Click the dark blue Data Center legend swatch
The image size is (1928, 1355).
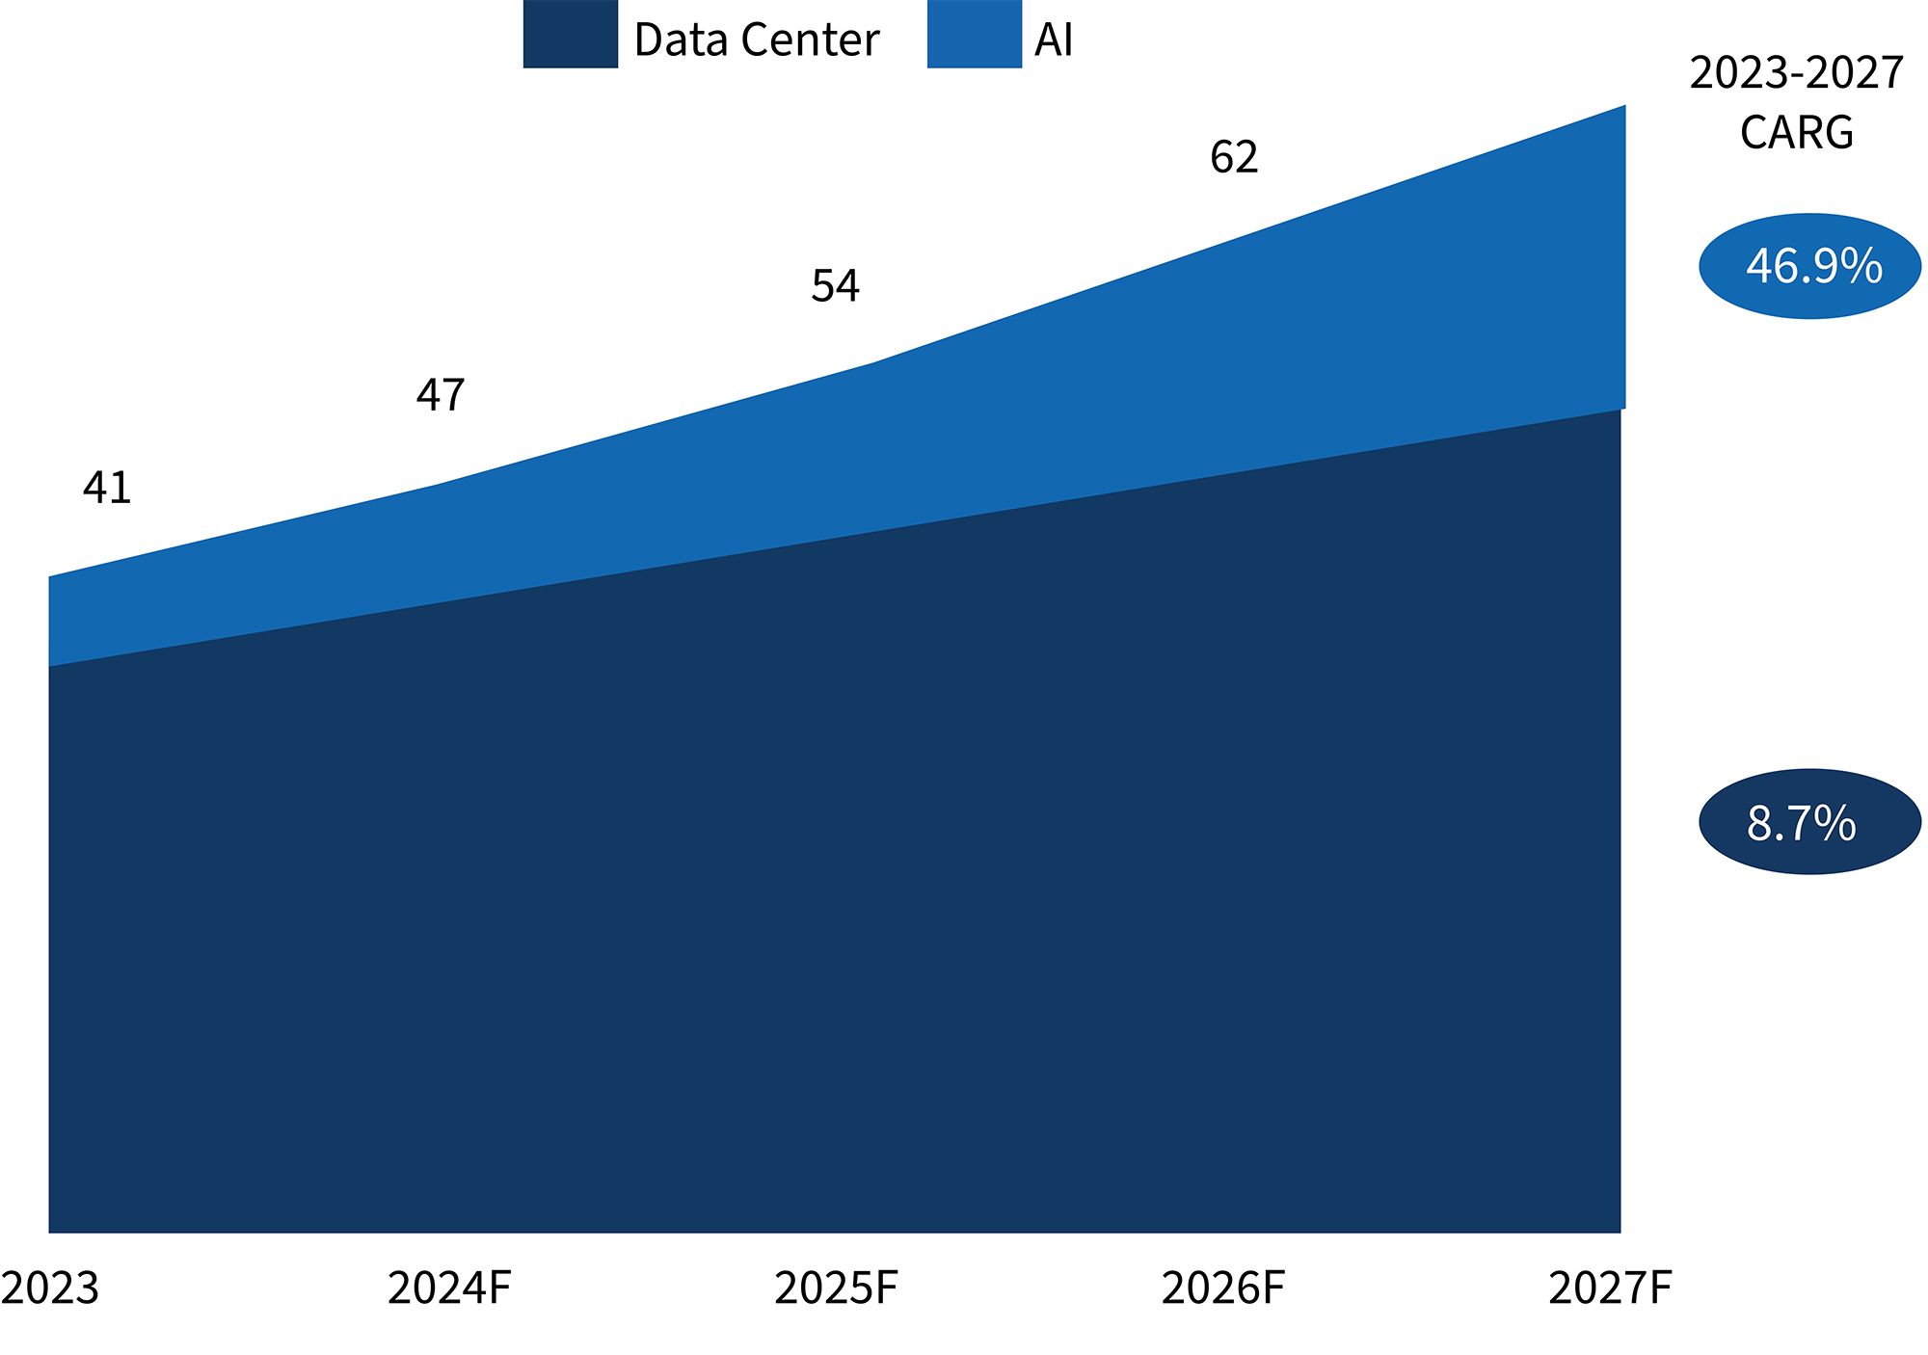coord(570,35)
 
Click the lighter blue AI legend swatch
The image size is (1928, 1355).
coord(974,35)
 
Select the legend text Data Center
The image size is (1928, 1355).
coord(757,40)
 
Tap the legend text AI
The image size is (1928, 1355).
coord(1054,40)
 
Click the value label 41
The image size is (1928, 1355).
coord(107,489)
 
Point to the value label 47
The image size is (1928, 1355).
coord(441,395)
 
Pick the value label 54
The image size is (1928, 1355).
coord(835,286)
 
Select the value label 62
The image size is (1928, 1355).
coord(1234,157)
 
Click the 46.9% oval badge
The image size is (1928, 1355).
coord(1809,266)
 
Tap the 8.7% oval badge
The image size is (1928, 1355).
coord(1809,822)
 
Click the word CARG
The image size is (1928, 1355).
coord(1796,133)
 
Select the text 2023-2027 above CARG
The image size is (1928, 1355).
coord(1796,73)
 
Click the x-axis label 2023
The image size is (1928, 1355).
coord(50,1289)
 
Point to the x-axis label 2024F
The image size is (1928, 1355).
coord(449,1289)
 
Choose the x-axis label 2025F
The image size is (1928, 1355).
coord(836,1289)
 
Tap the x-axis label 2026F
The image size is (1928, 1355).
coord(1222,1289)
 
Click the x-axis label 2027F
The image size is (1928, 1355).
coord(1610,1289)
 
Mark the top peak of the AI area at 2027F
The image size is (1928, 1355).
coord(1623,107)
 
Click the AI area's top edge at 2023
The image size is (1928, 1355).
coord(50,578)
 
